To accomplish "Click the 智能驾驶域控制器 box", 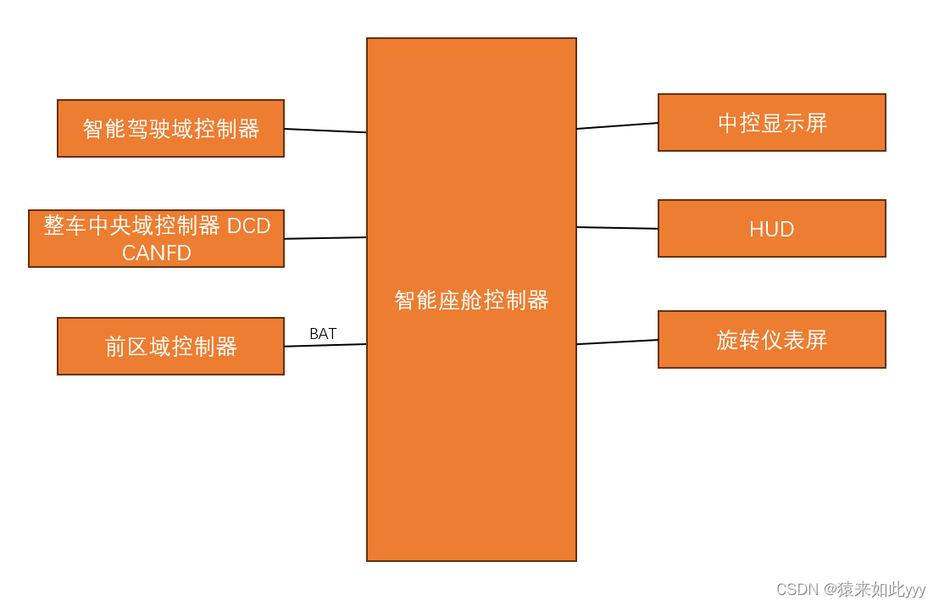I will tap(170, 129).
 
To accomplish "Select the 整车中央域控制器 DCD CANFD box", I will tap(156, 239).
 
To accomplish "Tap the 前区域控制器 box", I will tap(170, 346).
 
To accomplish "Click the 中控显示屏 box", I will tap(771, 123).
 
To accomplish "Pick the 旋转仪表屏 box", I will tap(771, 339).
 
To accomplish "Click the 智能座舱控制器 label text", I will tap(471, 300).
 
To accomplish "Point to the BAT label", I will tap(323, 334).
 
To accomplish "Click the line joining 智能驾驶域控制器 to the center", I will tap(325, 131).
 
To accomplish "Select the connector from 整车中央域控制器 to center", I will tap(325, 238).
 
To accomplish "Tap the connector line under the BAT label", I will tap(325, 345).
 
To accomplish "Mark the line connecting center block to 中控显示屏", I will tap(617, 125).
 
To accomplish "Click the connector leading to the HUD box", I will tap(617, 228).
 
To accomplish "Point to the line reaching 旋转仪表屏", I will tap(617, 342).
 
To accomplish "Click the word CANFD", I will tap(157, 253).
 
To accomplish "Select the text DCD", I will tap(248, 226).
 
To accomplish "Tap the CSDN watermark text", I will tap(797, 589).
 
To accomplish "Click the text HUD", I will tap(771, 230).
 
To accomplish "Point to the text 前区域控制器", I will tap(170, 347).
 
